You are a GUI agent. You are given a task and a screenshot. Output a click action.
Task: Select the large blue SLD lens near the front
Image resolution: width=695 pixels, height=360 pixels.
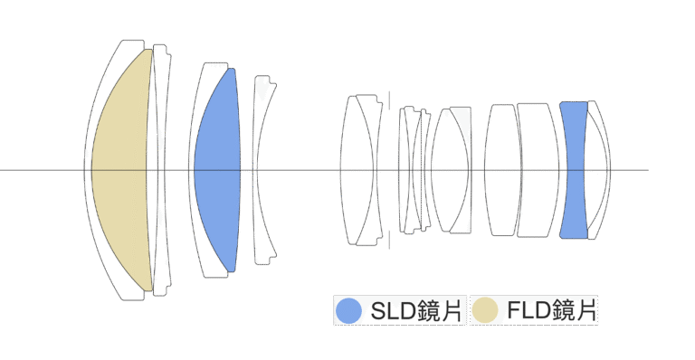(217, 170)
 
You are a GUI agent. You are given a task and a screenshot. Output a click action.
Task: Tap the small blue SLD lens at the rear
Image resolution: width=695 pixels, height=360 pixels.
(574, 170)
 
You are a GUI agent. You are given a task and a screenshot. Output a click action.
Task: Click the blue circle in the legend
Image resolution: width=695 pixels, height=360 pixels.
(348, 310)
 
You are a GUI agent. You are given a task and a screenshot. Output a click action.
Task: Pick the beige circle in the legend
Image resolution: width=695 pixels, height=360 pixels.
(485, 310)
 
